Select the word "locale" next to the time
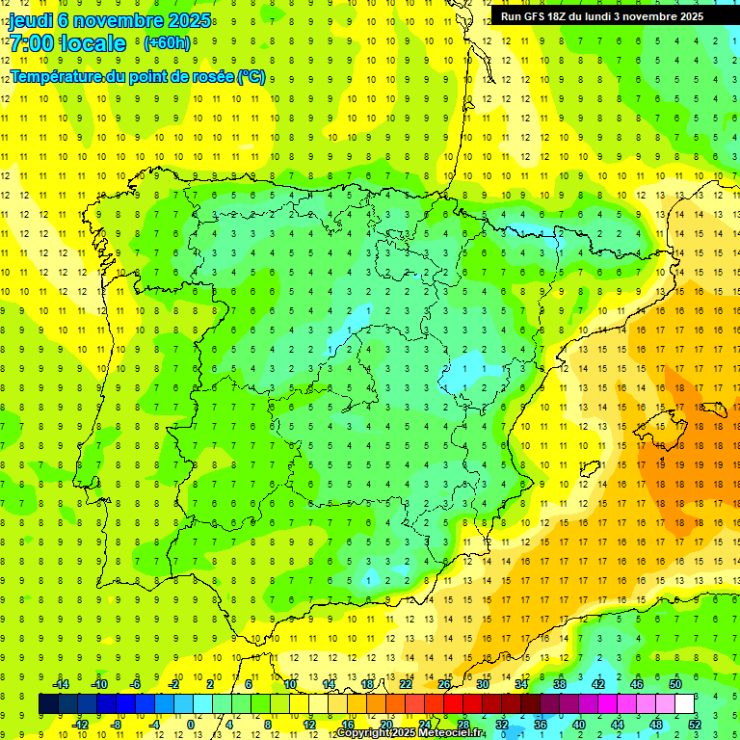(92, 42)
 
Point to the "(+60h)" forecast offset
(167, 42)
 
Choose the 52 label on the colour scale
(696, 724)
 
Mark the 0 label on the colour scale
(192, 724)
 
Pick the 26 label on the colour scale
(444, 684)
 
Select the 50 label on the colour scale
(675, 684)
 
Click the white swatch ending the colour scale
(685, 703)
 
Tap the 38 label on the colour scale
(560, 684)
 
